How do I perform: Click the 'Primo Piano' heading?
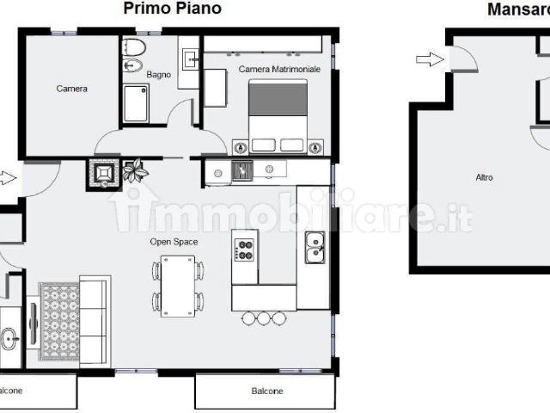tap(172, 8)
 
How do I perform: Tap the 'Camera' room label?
tap(71, 89)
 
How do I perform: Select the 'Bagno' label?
tap(158, 75)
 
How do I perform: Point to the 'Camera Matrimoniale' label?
tap(279, 69)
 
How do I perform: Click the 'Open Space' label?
tap(174, 242)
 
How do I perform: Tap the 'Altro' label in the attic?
tap(484, 177)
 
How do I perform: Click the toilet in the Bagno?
tap(134, 47)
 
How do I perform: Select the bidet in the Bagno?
tap(133, 65)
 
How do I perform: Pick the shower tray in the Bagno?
tap(136, 103)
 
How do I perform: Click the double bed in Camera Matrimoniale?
tap(278, 116)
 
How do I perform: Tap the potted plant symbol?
tap(136, 171)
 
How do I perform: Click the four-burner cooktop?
tap(244, 250)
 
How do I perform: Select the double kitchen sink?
tap(315, 248)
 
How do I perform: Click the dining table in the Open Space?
tap(178, 287)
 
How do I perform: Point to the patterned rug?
tap(59, 322)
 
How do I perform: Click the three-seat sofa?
tap(95, 322)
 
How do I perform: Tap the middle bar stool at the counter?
tap(264, 318)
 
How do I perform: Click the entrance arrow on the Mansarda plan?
tap(430, 59)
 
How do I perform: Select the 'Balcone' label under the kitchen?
tap(267, 391)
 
